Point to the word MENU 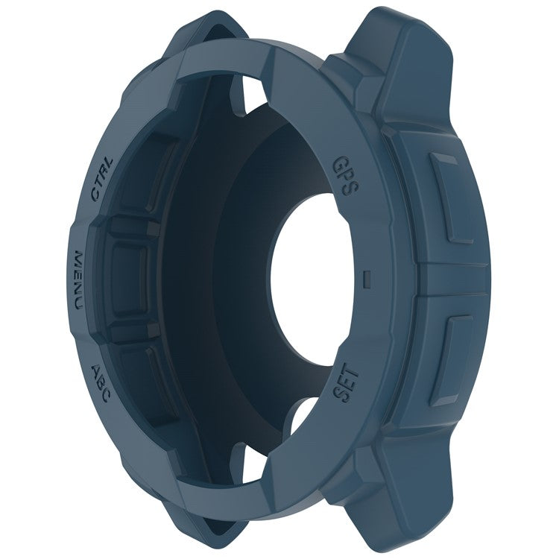pyautogui.click(x=83, y=281)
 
